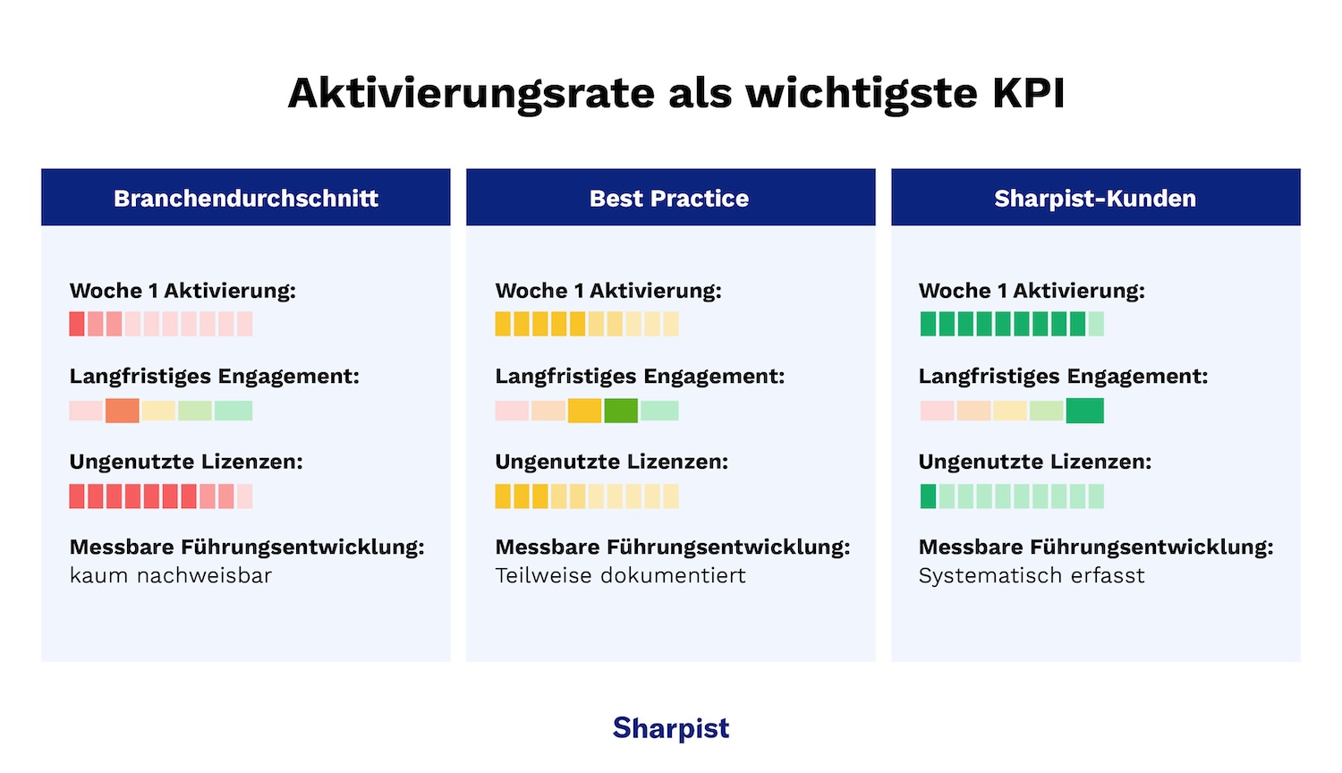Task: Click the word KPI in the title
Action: pos(1029,93)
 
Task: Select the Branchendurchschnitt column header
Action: pos(246,198)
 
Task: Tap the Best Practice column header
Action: pos(669,198)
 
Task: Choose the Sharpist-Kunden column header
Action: pos(1095,198)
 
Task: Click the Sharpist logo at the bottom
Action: pos(671,728)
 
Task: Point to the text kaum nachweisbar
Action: pos(171,575)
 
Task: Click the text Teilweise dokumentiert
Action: pos(621,575)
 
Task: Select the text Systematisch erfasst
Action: pos(1032,575)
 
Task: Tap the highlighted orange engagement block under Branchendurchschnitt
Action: pos(123,411)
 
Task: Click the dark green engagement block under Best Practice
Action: pos(621,411)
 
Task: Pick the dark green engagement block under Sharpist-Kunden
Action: pos(1085,411)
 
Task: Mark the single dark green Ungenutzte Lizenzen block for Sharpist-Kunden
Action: pos(928,497)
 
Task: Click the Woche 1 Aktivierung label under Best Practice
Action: pos(608,291)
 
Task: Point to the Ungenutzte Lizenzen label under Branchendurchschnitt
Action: pos(186,462)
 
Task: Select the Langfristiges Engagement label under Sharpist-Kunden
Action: pos(1063,377)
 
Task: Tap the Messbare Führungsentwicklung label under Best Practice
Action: pos(673,547)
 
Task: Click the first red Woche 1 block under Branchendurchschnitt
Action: pos(77,324)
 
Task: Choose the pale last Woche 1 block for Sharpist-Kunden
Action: pos(1096,324)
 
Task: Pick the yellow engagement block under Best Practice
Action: pos(584,411)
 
